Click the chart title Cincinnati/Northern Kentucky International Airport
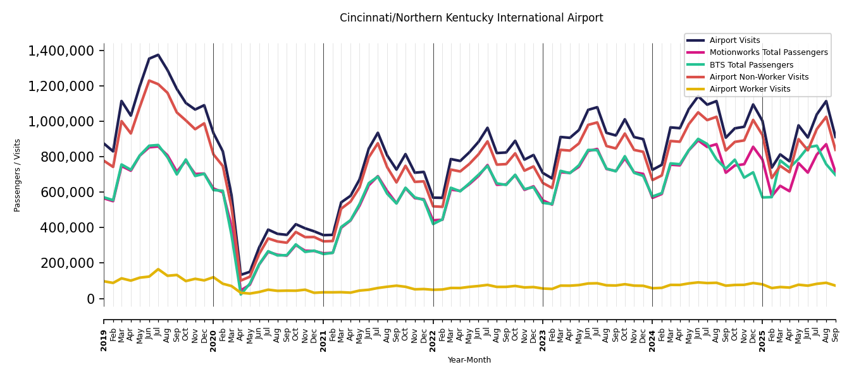point(471,18)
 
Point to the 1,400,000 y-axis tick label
point(62,51)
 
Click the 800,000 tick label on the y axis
point(67,157)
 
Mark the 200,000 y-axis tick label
point(67,263)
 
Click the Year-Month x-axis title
point(469,360)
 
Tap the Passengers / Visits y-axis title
point(17,175)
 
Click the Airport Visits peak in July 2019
point(158,55)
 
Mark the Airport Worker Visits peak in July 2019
point(158,269)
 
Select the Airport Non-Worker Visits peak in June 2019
point(149,80)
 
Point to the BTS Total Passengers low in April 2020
point(240,294)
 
